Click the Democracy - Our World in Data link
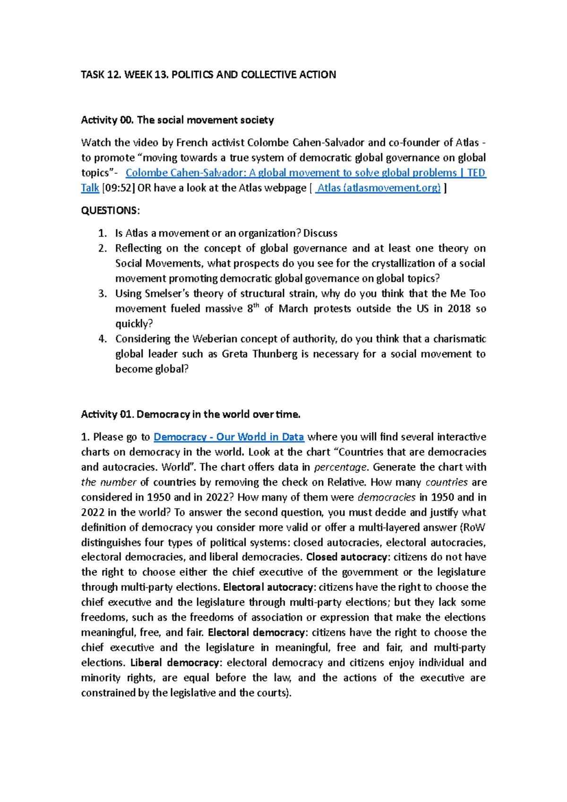(229, 437)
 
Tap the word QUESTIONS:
(110, 211)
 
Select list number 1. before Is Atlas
(103, 233)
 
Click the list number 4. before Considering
(103, 339)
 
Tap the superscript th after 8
(257, 306)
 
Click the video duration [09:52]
(119, 188)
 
